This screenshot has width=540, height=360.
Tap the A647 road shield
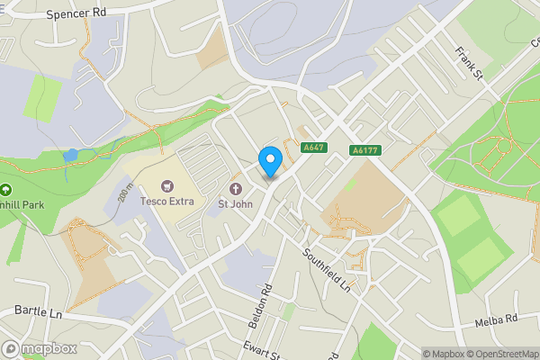[314, 148]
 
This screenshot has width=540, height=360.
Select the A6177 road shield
[364, 151]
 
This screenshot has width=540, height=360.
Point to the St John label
[235, 203]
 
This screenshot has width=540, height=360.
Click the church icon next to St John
[236, 189]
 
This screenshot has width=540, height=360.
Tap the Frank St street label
[470, 63]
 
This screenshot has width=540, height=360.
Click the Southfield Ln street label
[327, 270]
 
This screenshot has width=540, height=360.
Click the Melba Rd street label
[496, 320]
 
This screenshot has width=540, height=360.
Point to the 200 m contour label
[125, 191]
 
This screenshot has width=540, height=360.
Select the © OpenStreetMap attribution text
[499, 354]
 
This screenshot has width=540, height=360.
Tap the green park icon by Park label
[6, 190]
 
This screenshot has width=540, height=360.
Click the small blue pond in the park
[70, 156]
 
